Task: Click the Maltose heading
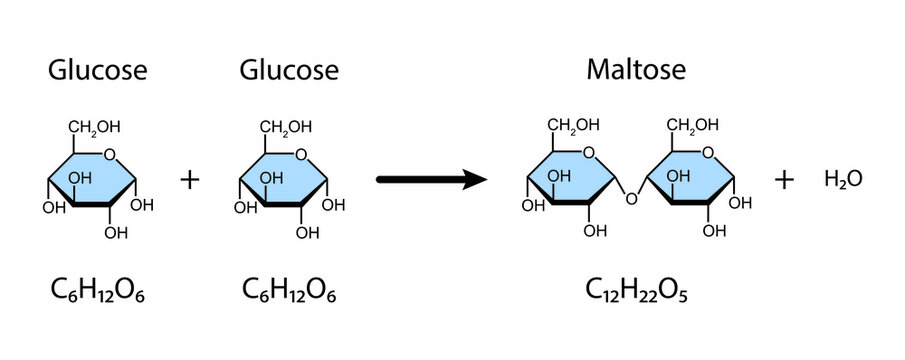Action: click(x=636, y=70)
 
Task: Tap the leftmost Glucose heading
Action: click(x=98, y=70)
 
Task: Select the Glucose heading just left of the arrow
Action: click(x=289, y=70)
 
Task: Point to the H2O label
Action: click(x=843, y=179)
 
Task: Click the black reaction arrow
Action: click(x=431, y=180)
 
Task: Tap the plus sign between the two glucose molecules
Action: click(x=190, y=180)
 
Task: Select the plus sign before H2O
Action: click(x=786, y=180)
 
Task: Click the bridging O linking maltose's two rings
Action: click(x=630, y=197)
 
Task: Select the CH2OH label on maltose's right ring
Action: click(x=693, y=125)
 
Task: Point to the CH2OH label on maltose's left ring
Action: click(x=573, y=125)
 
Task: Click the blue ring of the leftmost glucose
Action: click(x=94, y=177)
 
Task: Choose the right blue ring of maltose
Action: click(x=692, y=177)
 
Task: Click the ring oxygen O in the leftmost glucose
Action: click(x=110, y=153)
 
